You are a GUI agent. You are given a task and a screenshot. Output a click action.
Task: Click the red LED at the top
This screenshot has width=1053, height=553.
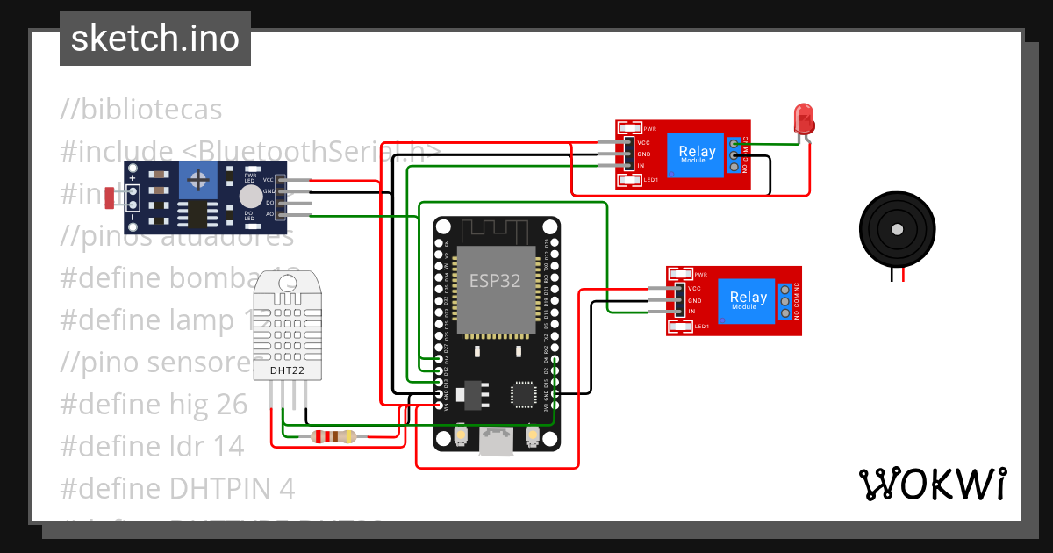point(803,118)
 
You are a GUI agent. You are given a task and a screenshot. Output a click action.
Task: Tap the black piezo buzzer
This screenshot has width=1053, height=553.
point(896,230)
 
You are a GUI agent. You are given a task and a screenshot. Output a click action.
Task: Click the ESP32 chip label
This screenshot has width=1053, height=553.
point(494,281)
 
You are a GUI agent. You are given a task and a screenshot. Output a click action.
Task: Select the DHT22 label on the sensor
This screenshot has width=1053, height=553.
point(288,370)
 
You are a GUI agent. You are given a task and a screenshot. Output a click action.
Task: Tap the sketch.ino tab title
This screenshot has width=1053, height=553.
point(155,39)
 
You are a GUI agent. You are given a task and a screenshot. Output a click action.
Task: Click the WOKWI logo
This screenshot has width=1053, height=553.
point(932,484)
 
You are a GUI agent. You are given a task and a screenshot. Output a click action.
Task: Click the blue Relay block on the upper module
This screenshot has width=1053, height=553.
point(697,155)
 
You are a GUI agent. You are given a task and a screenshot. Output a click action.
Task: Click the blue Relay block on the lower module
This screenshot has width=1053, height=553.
point(748,301)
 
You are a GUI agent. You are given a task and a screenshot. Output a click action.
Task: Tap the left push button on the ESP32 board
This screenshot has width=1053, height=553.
point(462,434)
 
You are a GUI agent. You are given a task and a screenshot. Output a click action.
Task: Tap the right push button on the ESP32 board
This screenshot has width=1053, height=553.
point(532,434)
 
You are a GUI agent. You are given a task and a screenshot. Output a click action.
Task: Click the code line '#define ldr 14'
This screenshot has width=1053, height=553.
point(152,446)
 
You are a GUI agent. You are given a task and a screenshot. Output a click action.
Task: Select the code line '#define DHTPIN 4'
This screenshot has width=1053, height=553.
point(177,488)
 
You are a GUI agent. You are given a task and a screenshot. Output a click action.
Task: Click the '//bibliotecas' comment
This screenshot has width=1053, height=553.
point(140,110)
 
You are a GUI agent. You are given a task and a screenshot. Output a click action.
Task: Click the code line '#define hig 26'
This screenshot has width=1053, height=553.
point(154,404)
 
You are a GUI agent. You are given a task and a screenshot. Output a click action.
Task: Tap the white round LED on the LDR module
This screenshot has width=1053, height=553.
point(251,196)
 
